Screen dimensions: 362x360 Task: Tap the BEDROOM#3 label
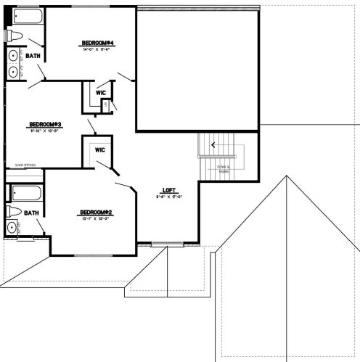[x=44, y=124]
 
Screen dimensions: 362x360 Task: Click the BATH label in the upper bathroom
[x=33, y=56]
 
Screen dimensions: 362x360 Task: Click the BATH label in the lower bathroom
[x=31, y=213]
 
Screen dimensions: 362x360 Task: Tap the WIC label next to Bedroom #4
[x=101, y=93]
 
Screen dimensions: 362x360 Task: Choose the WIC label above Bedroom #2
[x=100, y=149]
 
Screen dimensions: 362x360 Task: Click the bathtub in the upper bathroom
[x=25, y=17]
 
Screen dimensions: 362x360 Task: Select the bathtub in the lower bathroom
[x=25, y=194]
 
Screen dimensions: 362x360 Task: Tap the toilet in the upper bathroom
[x=15, y=36]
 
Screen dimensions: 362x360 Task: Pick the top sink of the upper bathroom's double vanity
[x=14, y=57]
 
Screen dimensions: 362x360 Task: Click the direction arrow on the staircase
[x=213, y=144]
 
